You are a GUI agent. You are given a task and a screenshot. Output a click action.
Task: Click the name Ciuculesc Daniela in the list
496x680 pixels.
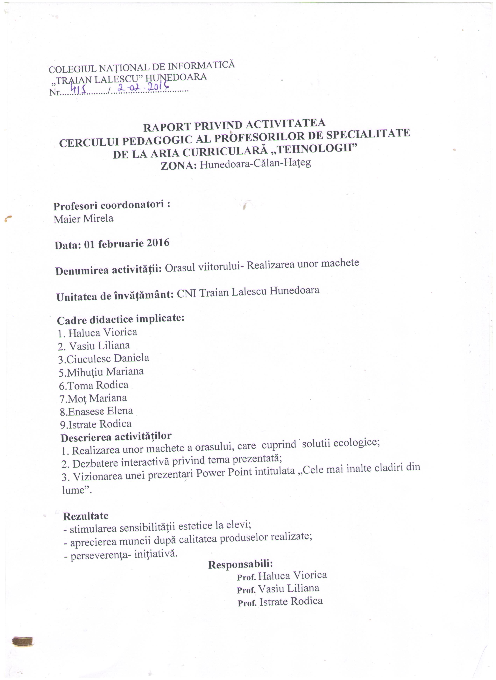[x=104, y=359]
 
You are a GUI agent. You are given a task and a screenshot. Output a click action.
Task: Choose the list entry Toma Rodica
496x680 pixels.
[x=94, y=385]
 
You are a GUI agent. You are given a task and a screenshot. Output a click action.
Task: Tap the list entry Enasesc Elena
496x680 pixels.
[x=96, y=411]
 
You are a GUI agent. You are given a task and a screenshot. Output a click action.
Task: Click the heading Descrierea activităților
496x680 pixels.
[x=116, y=437]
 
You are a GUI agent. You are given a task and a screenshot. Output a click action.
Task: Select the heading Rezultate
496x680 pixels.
[x=86, y=516]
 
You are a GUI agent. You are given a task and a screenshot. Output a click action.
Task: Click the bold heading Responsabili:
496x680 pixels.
[x=240, y=565]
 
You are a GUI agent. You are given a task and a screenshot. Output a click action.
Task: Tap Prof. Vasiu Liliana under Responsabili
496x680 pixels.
[x=278, y=589]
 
